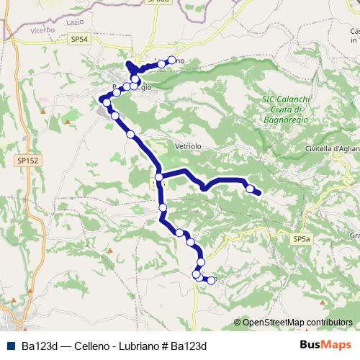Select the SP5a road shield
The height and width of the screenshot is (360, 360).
coord(302,238)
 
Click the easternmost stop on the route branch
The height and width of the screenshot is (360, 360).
coord(250,189)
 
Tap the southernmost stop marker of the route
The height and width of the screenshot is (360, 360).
coord(211,280)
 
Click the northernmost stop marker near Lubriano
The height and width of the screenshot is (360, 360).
coord(171,60)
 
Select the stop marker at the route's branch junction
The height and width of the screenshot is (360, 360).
coord(158,177)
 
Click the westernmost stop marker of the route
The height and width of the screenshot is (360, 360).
coord(107,103)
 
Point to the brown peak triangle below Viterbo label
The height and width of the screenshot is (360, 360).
coord(43,50)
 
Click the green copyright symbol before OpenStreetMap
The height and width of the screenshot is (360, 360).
coord(237,323)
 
